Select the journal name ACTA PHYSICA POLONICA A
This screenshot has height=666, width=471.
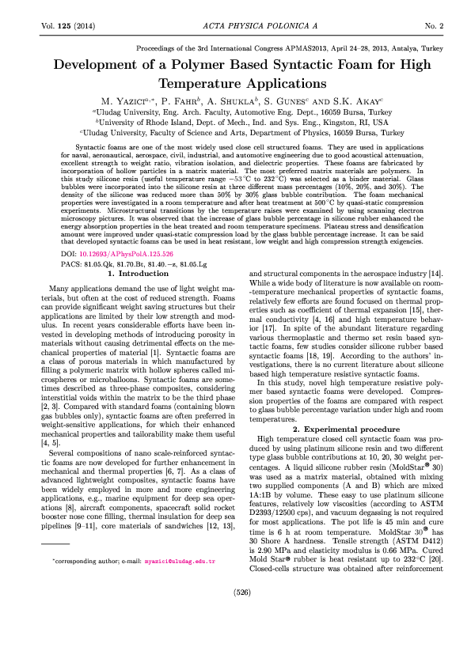235,26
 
